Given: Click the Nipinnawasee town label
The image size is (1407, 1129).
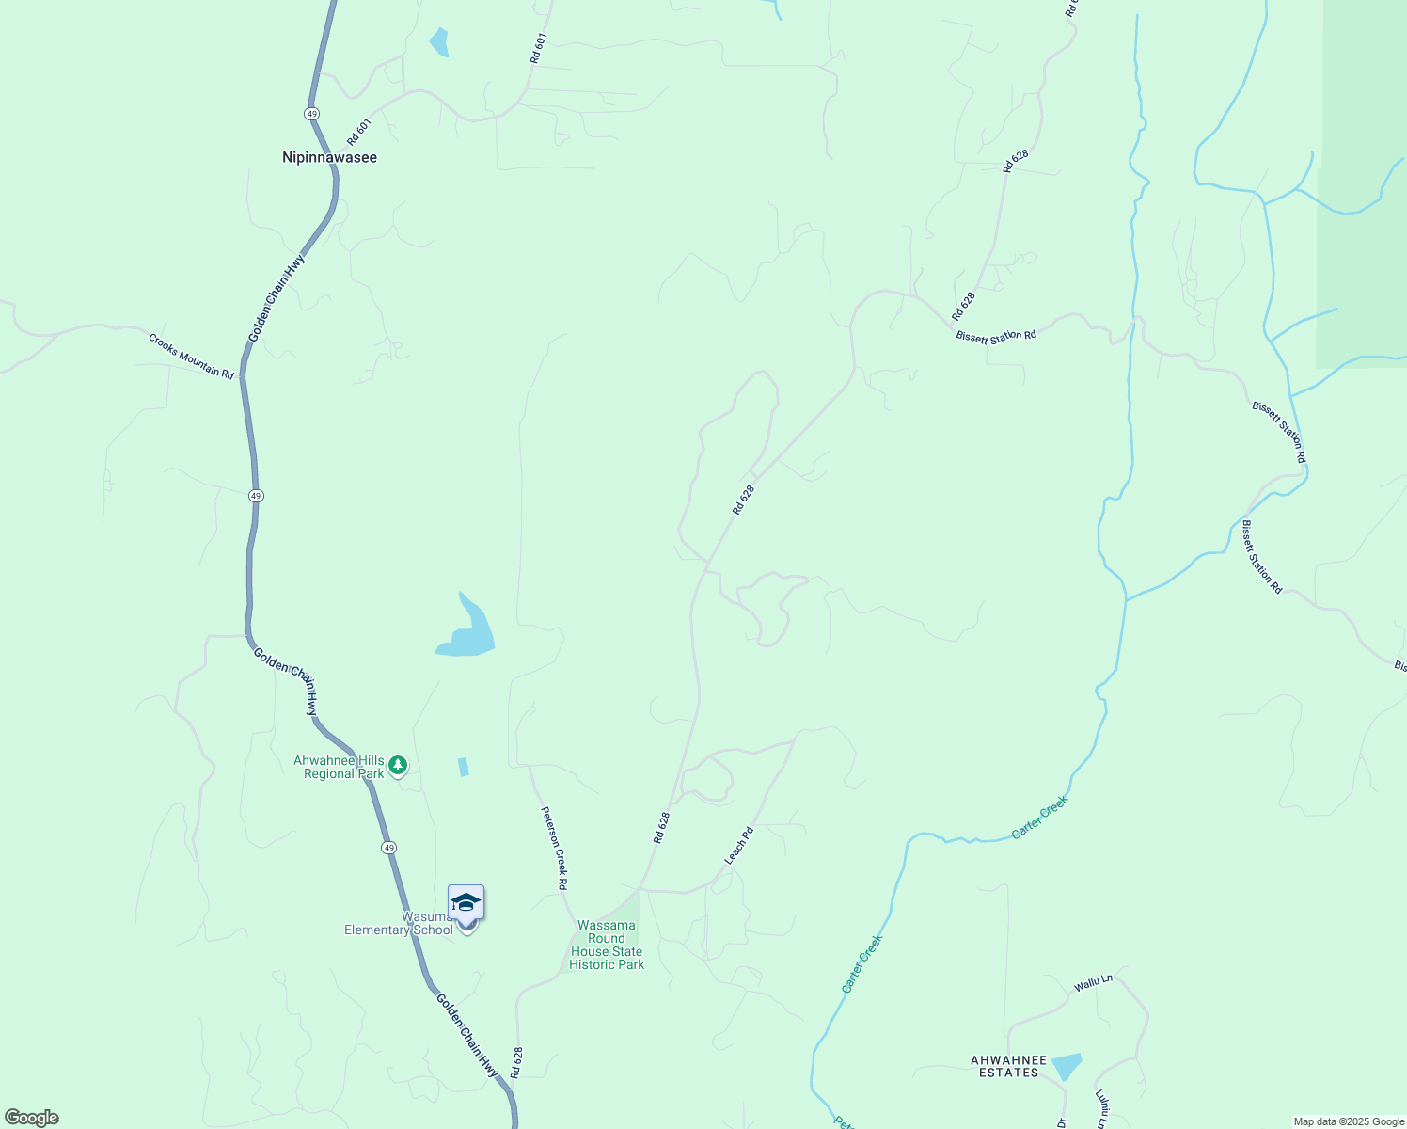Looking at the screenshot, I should [x=329, y=157].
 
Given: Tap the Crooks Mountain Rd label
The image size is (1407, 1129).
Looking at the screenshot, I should [x=191, y=355].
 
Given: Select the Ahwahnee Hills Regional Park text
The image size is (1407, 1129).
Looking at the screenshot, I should [x=339, y=767].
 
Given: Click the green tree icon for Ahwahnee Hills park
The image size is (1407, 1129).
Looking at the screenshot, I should [x=398, y=766].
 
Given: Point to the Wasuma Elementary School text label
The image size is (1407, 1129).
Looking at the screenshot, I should [x=399, y=923].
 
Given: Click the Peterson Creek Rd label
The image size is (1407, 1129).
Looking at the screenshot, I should [x=554, y=848].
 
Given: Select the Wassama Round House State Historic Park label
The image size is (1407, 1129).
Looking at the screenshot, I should [x=607, y=945].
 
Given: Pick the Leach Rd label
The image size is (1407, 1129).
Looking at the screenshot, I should [x=739, y=845].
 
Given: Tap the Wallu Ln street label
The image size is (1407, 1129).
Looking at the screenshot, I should [x=1093, y=983].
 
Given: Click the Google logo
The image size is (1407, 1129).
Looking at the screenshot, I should [x=31, y=1118].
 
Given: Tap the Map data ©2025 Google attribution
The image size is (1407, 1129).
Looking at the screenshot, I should [x=1348, y=1121].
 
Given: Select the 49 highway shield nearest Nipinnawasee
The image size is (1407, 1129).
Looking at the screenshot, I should [x=311, y=113].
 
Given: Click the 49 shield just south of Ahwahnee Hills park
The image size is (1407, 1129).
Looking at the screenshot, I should [x=388, y=848].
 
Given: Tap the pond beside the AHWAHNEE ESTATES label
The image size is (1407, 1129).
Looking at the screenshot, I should [x=1067, y=1066].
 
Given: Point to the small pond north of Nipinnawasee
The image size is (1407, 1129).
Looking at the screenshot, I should [x=438, y=42].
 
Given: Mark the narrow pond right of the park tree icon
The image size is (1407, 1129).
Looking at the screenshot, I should [x=463, y=767].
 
